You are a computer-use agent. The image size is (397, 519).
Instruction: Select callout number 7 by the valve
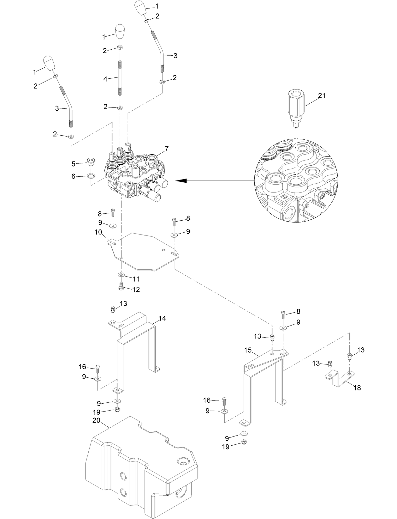[x=167, y=148]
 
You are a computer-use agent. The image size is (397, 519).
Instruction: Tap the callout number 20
[x=96, y=420]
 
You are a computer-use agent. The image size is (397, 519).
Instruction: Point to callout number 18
[x=357, y=388]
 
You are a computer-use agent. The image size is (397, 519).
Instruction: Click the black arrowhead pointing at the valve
[x=181, y=181]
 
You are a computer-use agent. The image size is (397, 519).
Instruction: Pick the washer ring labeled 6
[x=91, y=176]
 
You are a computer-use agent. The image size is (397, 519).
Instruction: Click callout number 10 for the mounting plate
[x=98, y=232]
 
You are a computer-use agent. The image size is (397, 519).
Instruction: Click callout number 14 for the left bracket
[x=162, y=318]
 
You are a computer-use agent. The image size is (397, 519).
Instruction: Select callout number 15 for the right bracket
[x=248, y=350]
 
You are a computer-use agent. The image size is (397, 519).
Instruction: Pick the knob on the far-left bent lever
[x=48, y=64]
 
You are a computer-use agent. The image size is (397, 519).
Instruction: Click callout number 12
[x=136, y=289]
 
